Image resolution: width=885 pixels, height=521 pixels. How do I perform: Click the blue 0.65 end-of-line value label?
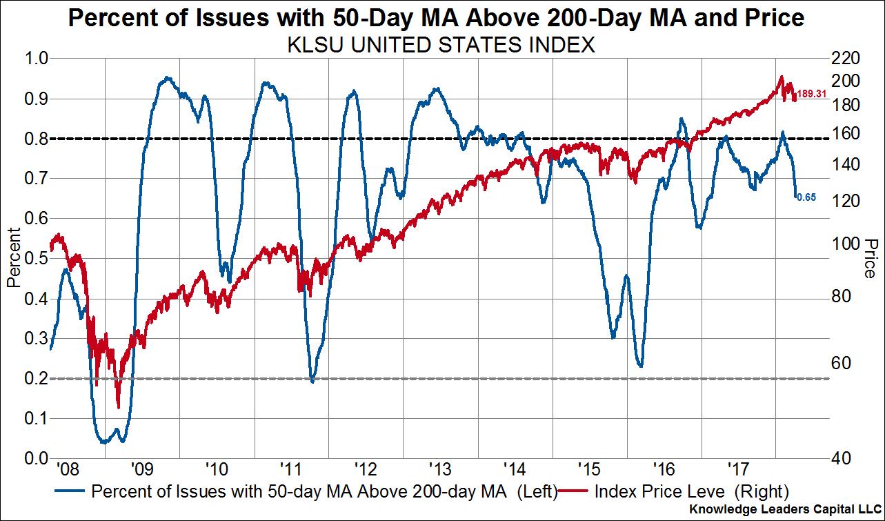807,197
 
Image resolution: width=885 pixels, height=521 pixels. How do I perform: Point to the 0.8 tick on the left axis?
37,139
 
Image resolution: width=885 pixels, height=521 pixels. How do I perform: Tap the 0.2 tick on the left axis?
37,379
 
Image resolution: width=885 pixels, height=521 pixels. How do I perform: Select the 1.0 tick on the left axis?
37,59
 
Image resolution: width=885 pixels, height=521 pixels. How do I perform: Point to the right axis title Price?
871,258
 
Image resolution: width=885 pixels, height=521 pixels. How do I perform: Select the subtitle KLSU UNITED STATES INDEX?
441,46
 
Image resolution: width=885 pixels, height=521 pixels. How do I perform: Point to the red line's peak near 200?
782,77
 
